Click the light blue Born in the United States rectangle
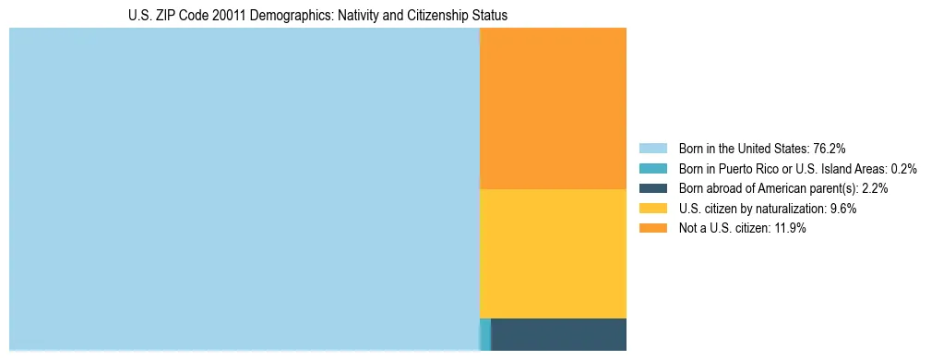245,189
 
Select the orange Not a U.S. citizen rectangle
554,108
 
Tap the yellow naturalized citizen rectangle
554,254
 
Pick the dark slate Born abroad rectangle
559,334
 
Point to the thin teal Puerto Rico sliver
485,334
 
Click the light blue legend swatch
652,148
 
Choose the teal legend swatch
652,168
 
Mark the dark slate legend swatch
652,188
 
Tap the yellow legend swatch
652,209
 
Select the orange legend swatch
652,229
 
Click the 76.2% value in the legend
830,148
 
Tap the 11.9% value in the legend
790,229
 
